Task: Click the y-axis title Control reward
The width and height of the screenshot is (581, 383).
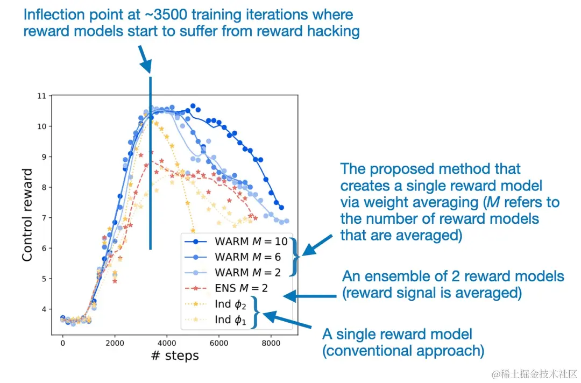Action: [x=27, y=215]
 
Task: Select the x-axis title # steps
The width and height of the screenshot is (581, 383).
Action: [x=174, y=356]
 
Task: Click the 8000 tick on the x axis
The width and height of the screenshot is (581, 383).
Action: [x=271, y=342]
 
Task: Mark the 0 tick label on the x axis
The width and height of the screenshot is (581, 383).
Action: [x=62, y=342]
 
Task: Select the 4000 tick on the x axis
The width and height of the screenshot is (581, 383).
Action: [x=167, y=342]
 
